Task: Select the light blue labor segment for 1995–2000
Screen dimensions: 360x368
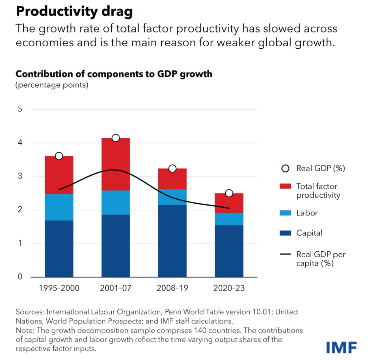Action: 59,207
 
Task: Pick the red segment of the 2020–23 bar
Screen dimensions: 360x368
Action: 229,203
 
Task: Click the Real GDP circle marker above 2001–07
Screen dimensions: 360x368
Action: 116,138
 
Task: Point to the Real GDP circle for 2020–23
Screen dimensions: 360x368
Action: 229,193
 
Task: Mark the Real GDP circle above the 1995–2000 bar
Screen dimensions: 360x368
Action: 59,156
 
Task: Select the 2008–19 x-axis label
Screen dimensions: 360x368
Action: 172,289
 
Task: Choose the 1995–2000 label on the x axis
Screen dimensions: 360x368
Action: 59,289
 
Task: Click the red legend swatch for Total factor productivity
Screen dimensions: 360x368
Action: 285,186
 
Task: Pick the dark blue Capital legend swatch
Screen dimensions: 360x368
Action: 285,233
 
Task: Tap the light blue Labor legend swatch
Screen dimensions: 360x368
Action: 285,213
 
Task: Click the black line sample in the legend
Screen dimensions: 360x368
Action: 285,255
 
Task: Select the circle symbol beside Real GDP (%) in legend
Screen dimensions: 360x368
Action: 285,168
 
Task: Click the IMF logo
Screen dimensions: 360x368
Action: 341,347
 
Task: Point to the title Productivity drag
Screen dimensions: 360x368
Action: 74,12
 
